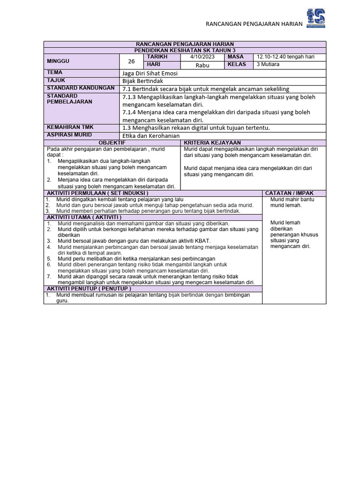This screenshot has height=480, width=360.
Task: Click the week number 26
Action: click(x=131, y=61)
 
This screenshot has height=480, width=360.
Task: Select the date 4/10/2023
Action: click(x=202, y=57)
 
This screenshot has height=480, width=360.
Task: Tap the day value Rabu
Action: click(x=202, y=65)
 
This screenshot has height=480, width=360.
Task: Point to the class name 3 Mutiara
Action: click(x=268, y=65)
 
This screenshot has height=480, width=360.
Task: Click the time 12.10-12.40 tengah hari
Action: click(x=285, y=57)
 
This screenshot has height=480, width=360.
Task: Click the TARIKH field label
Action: click(x=157, y=57)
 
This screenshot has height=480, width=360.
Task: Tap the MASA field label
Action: click(x=236, y=57)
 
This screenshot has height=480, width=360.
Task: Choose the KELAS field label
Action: click(x=237, y=65)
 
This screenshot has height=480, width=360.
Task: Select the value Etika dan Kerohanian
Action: click(x=151, y=135)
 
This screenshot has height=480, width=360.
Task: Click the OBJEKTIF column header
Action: click(x=112, y=142)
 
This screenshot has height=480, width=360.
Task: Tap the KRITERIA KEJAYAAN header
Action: click(x=212, y=142)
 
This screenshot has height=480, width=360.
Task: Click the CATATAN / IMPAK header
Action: click(x=289, y=193)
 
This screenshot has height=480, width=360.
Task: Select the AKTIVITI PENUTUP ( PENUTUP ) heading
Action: click(x=88, y=289)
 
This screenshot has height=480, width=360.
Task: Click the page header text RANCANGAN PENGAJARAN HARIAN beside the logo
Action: click(x=255, y=24)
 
